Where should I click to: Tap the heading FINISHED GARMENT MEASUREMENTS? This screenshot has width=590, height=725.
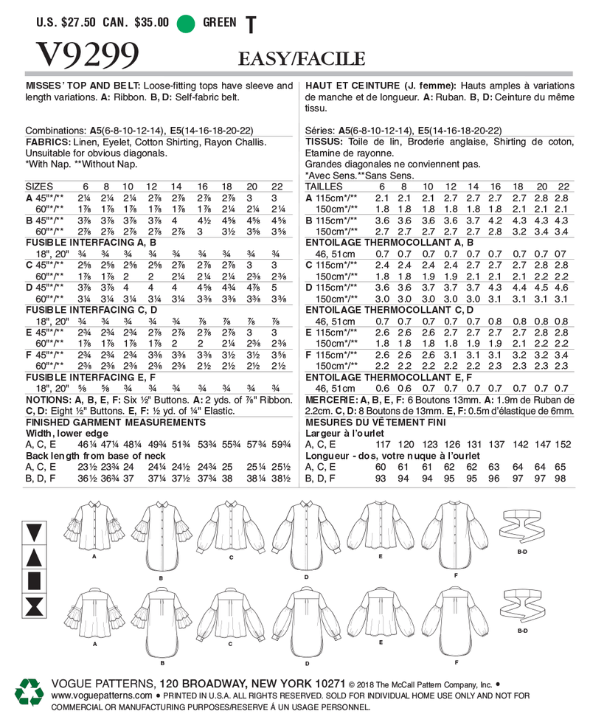point(116,422)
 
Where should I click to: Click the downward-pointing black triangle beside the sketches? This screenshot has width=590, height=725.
point(34,530)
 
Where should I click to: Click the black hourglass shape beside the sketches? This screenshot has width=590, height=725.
point(34,609)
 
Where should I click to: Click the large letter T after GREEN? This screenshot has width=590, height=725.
point(251,25)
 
